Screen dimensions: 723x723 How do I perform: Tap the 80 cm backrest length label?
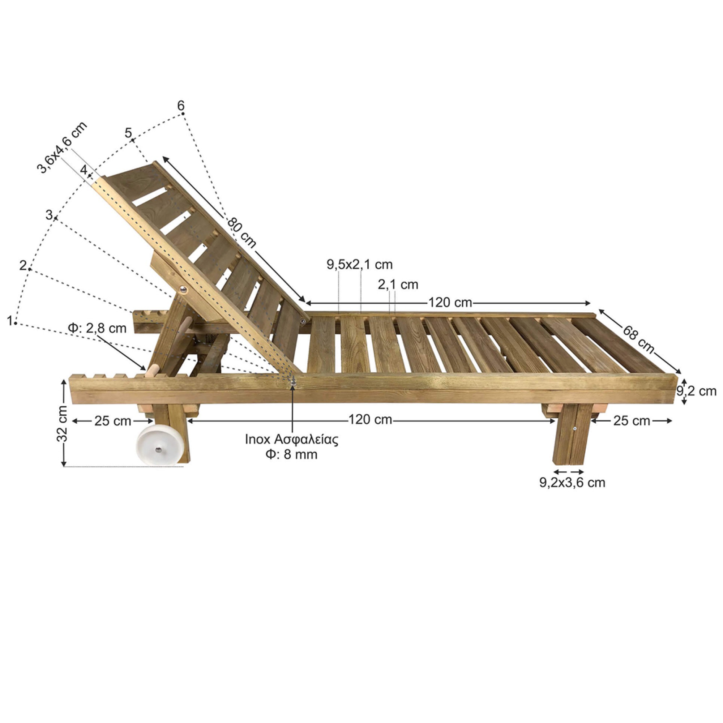[242, 232]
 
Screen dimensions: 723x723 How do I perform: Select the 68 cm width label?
[639, 339]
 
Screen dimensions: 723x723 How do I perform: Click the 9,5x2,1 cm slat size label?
[360, 265]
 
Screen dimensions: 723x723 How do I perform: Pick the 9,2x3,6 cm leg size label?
[572, 482]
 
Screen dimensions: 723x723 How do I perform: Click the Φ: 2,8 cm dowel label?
[97, 328]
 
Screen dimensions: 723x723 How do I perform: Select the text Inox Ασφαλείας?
[291, 439]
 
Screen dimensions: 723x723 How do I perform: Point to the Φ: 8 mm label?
[291, 454]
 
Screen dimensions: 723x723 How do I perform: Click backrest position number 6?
[181, 106]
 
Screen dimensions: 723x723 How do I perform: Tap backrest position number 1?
[10, 320]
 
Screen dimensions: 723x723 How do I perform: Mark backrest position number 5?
[128, 132]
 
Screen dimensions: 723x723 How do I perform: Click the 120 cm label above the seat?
[450, 302]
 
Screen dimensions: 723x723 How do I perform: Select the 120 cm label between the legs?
[370, 419]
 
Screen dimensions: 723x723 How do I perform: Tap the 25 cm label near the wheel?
[113, 421]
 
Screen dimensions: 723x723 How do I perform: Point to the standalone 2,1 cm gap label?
[398, 285]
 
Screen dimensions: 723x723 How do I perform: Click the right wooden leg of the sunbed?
[570, 435]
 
